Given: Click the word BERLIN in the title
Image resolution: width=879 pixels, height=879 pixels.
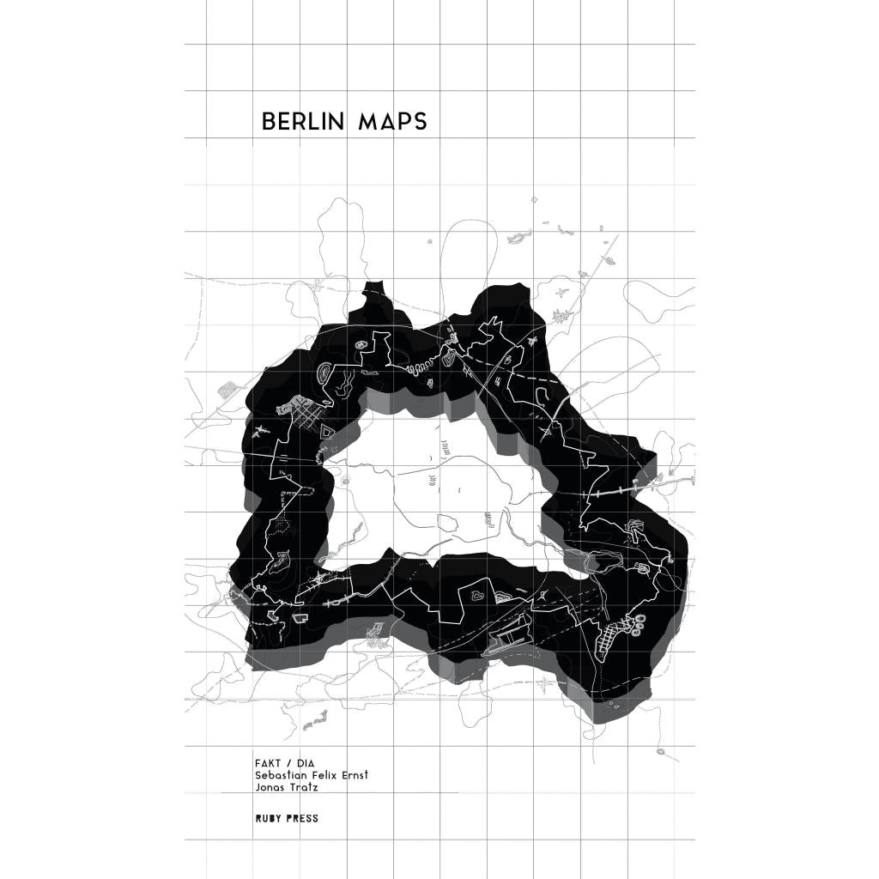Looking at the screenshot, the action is (x=303, y=122).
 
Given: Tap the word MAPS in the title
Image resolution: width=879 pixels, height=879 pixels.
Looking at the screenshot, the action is (x=392, y=122).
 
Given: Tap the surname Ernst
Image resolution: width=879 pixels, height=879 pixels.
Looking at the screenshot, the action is (x=356, y=775).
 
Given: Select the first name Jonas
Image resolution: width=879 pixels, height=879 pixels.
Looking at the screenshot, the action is (x=269, y=787).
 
